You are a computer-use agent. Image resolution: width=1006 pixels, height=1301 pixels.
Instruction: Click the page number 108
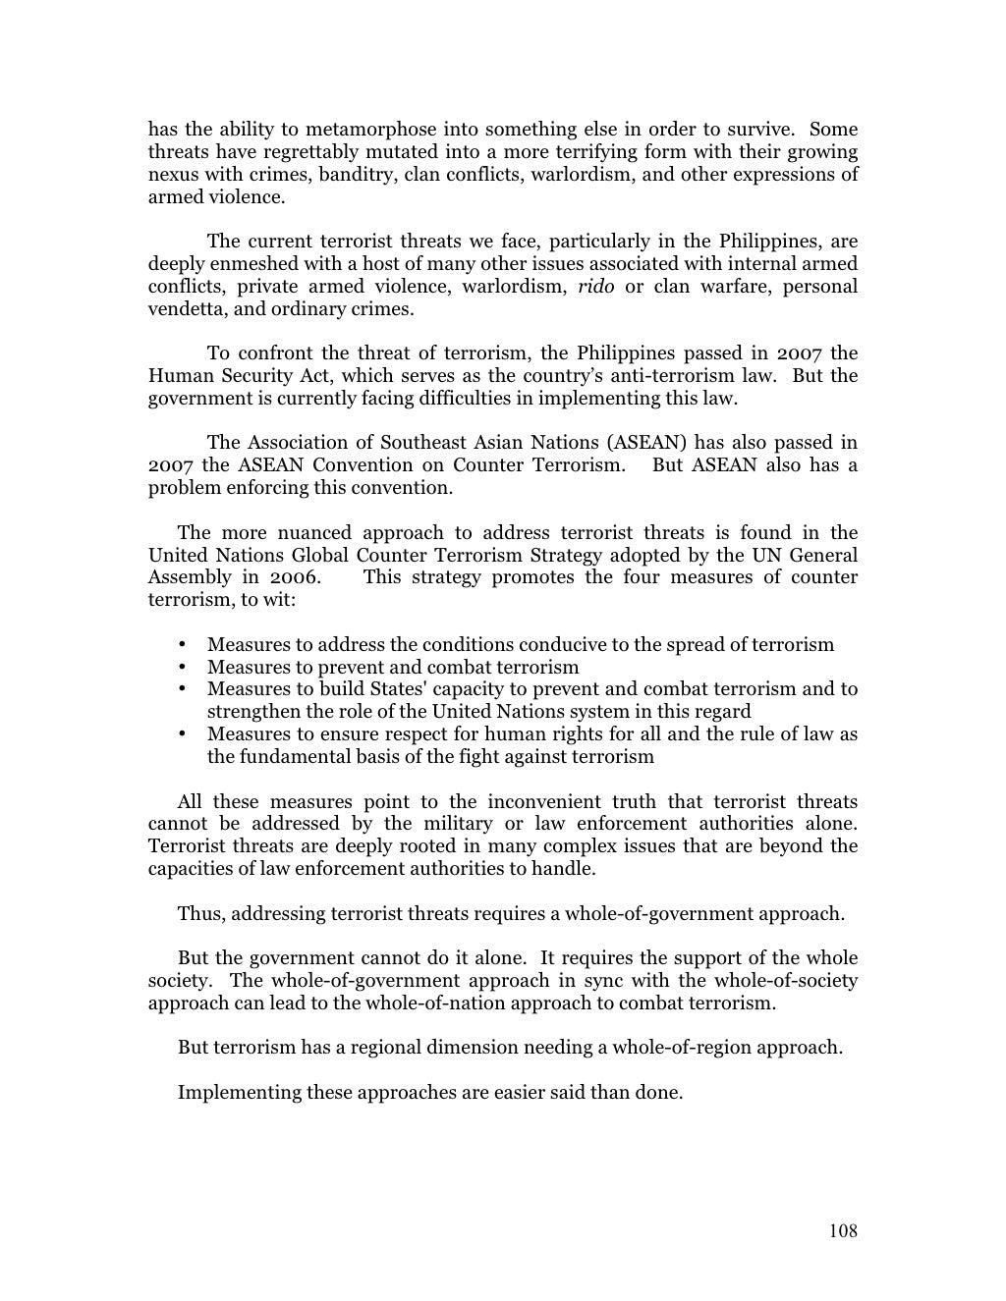pyautogui.click(x=843, y=1231)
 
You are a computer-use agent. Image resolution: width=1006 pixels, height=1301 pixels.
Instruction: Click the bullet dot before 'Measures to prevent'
pyautogui.click(x=183, y=668)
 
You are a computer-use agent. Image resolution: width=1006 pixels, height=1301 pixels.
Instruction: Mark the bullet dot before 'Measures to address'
pyautogui.click(x=183, y=645)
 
